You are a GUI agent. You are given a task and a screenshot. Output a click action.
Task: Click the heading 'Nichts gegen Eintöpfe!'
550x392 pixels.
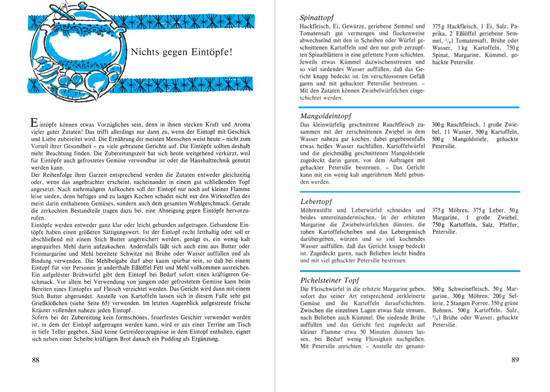181,52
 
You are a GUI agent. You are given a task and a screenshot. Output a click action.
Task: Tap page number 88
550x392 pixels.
36,360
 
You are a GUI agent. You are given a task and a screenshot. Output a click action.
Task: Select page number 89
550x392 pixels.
515,360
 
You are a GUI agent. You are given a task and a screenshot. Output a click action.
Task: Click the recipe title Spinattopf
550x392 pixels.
317,18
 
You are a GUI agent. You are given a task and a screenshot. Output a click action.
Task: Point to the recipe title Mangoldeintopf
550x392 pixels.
326,116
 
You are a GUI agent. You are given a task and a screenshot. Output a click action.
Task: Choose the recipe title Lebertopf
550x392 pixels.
316,202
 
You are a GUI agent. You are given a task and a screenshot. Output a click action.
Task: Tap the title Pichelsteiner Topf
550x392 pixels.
330,280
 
